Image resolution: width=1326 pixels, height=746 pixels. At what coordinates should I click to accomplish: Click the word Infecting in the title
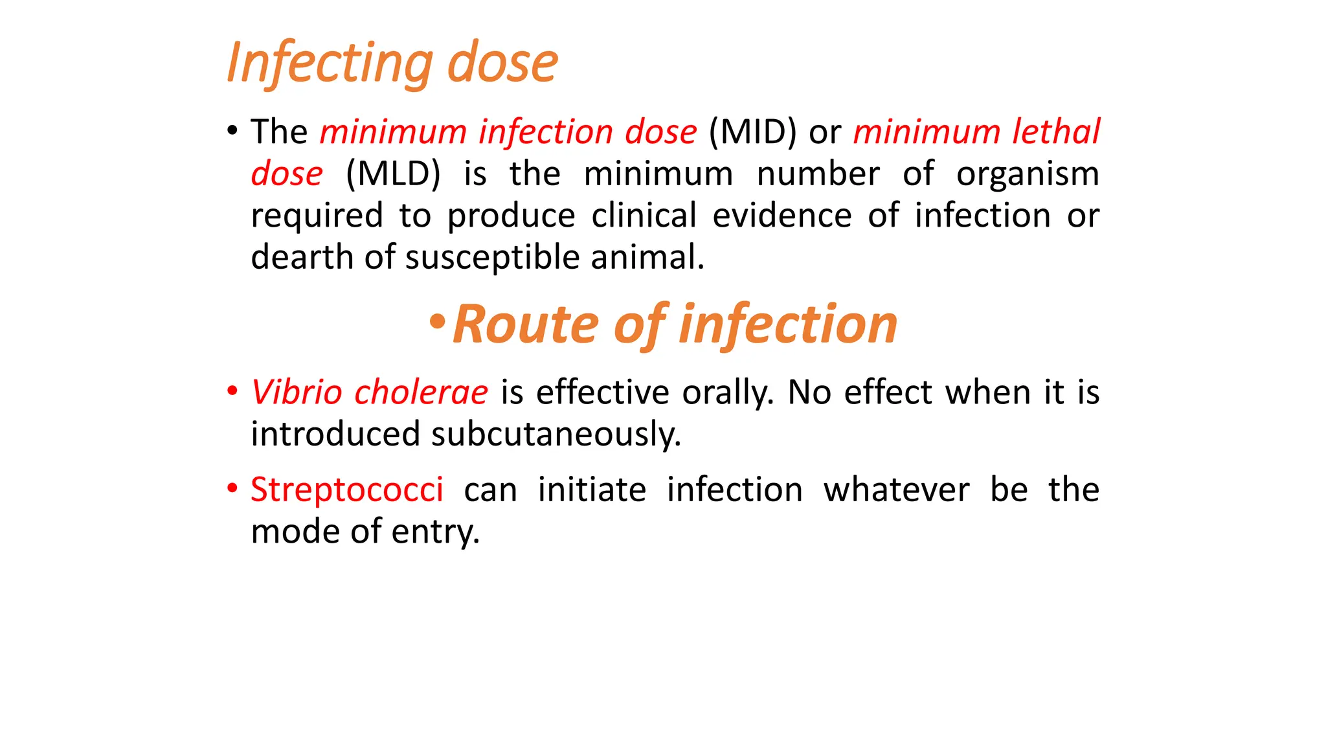(x=329, y=63)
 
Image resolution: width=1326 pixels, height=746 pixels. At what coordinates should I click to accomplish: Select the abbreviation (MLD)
(x=393, y=174)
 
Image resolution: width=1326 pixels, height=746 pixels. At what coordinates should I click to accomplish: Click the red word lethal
(x=1056, y=132)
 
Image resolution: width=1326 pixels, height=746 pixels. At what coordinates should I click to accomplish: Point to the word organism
(x=1028, y=174)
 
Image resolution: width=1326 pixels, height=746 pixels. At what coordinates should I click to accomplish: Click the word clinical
(x=644, y=216)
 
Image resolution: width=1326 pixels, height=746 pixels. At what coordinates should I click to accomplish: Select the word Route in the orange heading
(x=526, y=324)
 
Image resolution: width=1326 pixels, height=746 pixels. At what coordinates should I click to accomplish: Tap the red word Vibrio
(x=296, y=392)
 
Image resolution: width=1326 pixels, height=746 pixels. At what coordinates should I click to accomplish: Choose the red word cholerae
(x=421, y=392)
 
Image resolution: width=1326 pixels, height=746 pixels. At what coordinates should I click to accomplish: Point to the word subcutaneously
(x=556, y=434)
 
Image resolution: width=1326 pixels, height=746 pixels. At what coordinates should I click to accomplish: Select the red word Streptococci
(x=347, y=490)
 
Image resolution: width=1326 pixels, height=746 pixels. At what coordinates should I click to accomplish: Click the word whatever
(x=896, y=490)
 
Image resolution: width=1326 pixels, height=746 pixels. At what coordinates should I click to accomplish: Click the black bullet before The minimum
(x=232, y=131)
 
